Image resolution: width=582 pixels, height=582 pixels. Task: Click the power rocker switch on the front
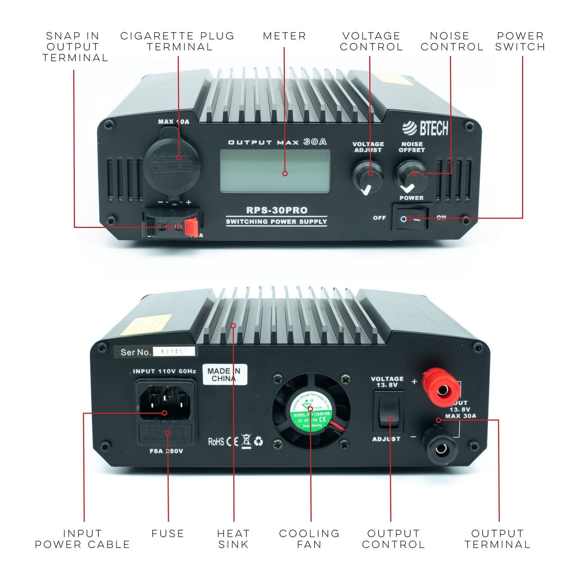pos(412,218)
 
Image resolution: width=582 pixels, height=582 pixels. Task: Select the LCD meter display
pos(275,171)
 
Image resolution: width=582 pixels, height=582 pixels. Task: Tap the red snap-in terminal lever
pos(192,227)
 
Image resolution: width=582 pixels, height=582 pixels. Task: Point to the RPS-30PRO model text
pos(277,210)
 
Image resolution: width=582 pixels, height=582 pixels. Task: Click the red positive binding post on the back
pos(441,387)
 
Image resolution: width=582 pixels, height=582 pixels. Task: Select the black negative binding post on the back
pos(440,446)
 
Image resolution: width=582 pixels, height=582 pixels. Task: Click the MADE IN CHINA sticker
pos(224,375)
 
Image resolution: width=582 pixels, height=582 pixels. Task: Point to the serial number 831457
pos(174,352)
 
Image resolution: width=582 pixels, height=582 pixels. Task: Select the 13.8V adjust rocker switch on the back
pos(389,411)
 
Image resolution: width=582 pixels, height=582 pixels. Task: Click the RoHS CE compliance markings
pos(235,441)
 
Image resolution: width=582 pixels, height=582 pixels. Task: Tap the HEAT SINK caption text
pos(233,539)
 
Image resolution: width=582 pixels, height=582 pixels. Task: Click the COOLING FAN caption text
pos(309,539)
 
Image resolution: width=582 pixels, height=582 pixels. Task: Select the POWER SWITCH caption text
pos(520,41)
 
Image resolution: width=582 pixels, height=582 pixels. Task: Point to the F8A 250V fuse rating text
pos(166,451)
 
